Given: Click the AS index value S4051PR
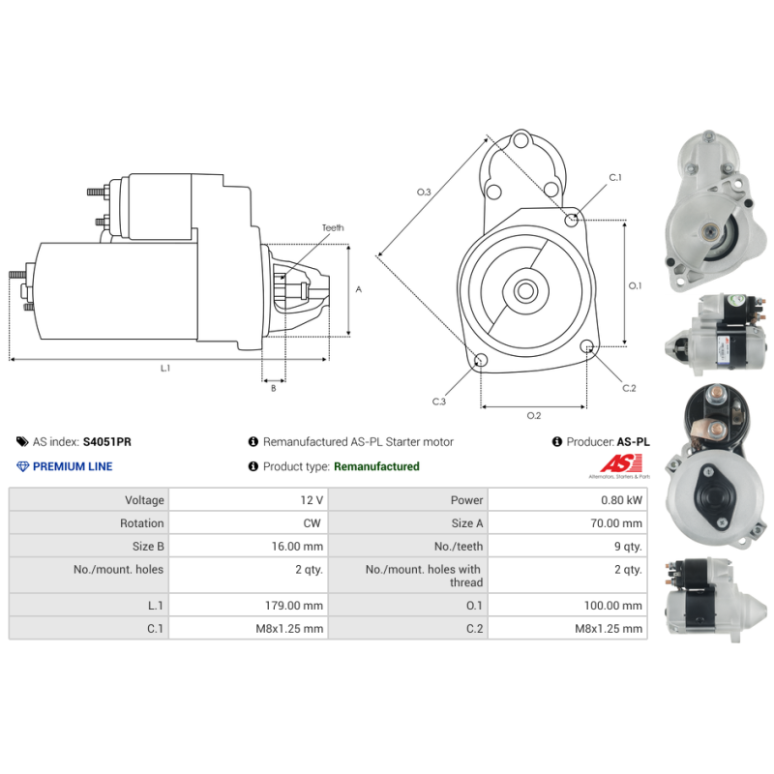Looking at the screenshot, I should (x=107, y=441).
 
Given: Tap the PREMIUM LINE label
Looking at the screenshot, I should (x=73, y=466).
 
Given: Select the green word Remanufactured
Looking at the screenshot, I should (x=376, y=466).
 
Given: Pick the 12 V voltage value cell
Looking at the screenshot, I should (x=312, y=500).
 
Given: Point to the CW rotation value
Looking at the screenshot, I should (x=314, y=523).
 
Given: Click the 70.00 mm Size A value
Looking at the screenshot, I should (x=619, y=523).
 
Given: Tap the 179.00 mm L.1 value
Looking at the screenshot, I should (x=299, y=606).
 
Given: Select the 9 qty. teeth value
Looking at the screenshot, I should (x=627, y=547).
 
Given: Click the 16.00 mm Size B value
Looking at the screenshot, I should (x=302, y=547).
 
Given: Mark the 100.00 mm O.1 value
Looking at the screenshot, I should (x=616, y=606).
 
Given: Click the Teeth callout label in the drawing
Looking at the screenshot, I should (x=333, y=228).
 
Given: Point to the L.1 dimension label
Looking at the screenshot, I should (x=165, y=368).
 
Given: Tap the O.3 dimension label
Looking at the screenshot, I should (x=424, y=193).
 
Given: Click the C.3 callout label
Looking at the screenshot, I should (x=438, y=401).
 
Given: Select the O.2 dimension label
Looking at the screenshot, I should (x=533, y=416).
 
